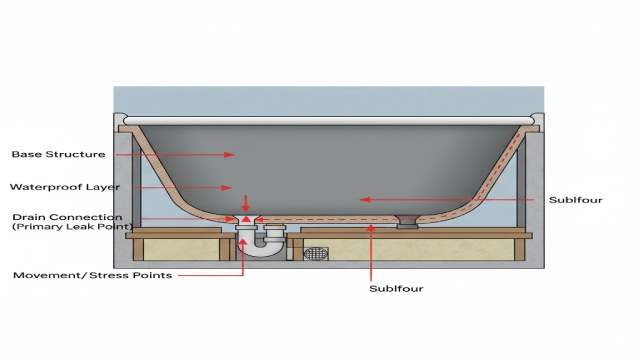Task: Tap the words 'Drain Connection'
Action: [x=67, y=217]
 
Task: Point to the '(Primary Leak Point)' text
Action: [x=66, y=228]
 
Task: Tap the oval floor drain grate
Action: [x=315, y=254]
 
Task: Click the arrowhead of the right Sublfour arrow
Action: [x=365, y=200]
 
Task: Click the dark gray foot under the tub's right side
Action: [x=407, y=224]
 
